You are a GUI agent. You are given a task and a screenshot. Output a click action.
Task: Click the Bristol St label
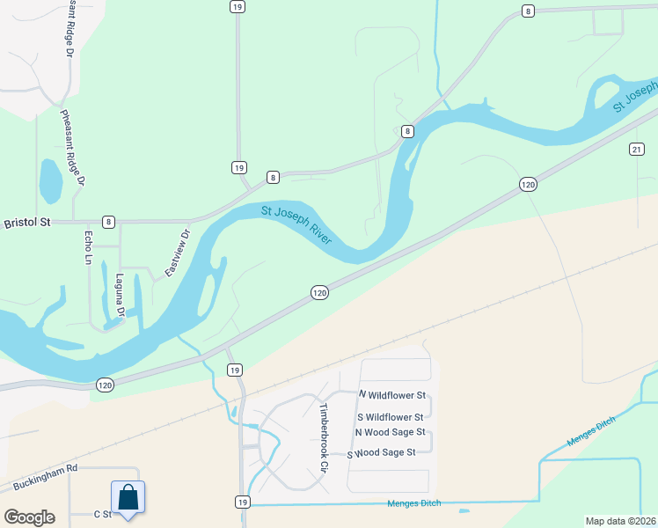[27, 223]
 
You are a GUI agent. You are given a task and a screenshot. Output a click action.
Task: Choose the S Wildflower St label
[391, 416]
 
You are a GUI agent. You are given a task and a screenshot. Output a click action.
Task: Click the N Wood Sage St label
[390, 432]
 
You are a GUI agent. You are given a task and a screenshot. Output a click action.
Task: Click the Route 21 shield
[637, 150]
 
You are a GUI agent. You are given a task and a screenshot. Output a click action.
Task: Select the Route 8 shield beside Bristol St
[107, 222]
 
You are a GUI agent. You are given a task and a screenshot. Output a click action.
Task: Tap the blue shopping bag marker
[128, 496]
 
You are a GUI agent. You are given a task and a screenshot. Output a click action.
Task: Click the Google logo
[29, 517]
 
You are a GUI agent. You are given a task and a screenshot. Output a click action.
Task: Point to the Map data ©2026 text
[620, 521]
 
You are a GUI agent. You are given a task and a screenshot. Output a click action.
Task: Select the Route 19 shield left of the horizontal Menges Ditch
[242, 502]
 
